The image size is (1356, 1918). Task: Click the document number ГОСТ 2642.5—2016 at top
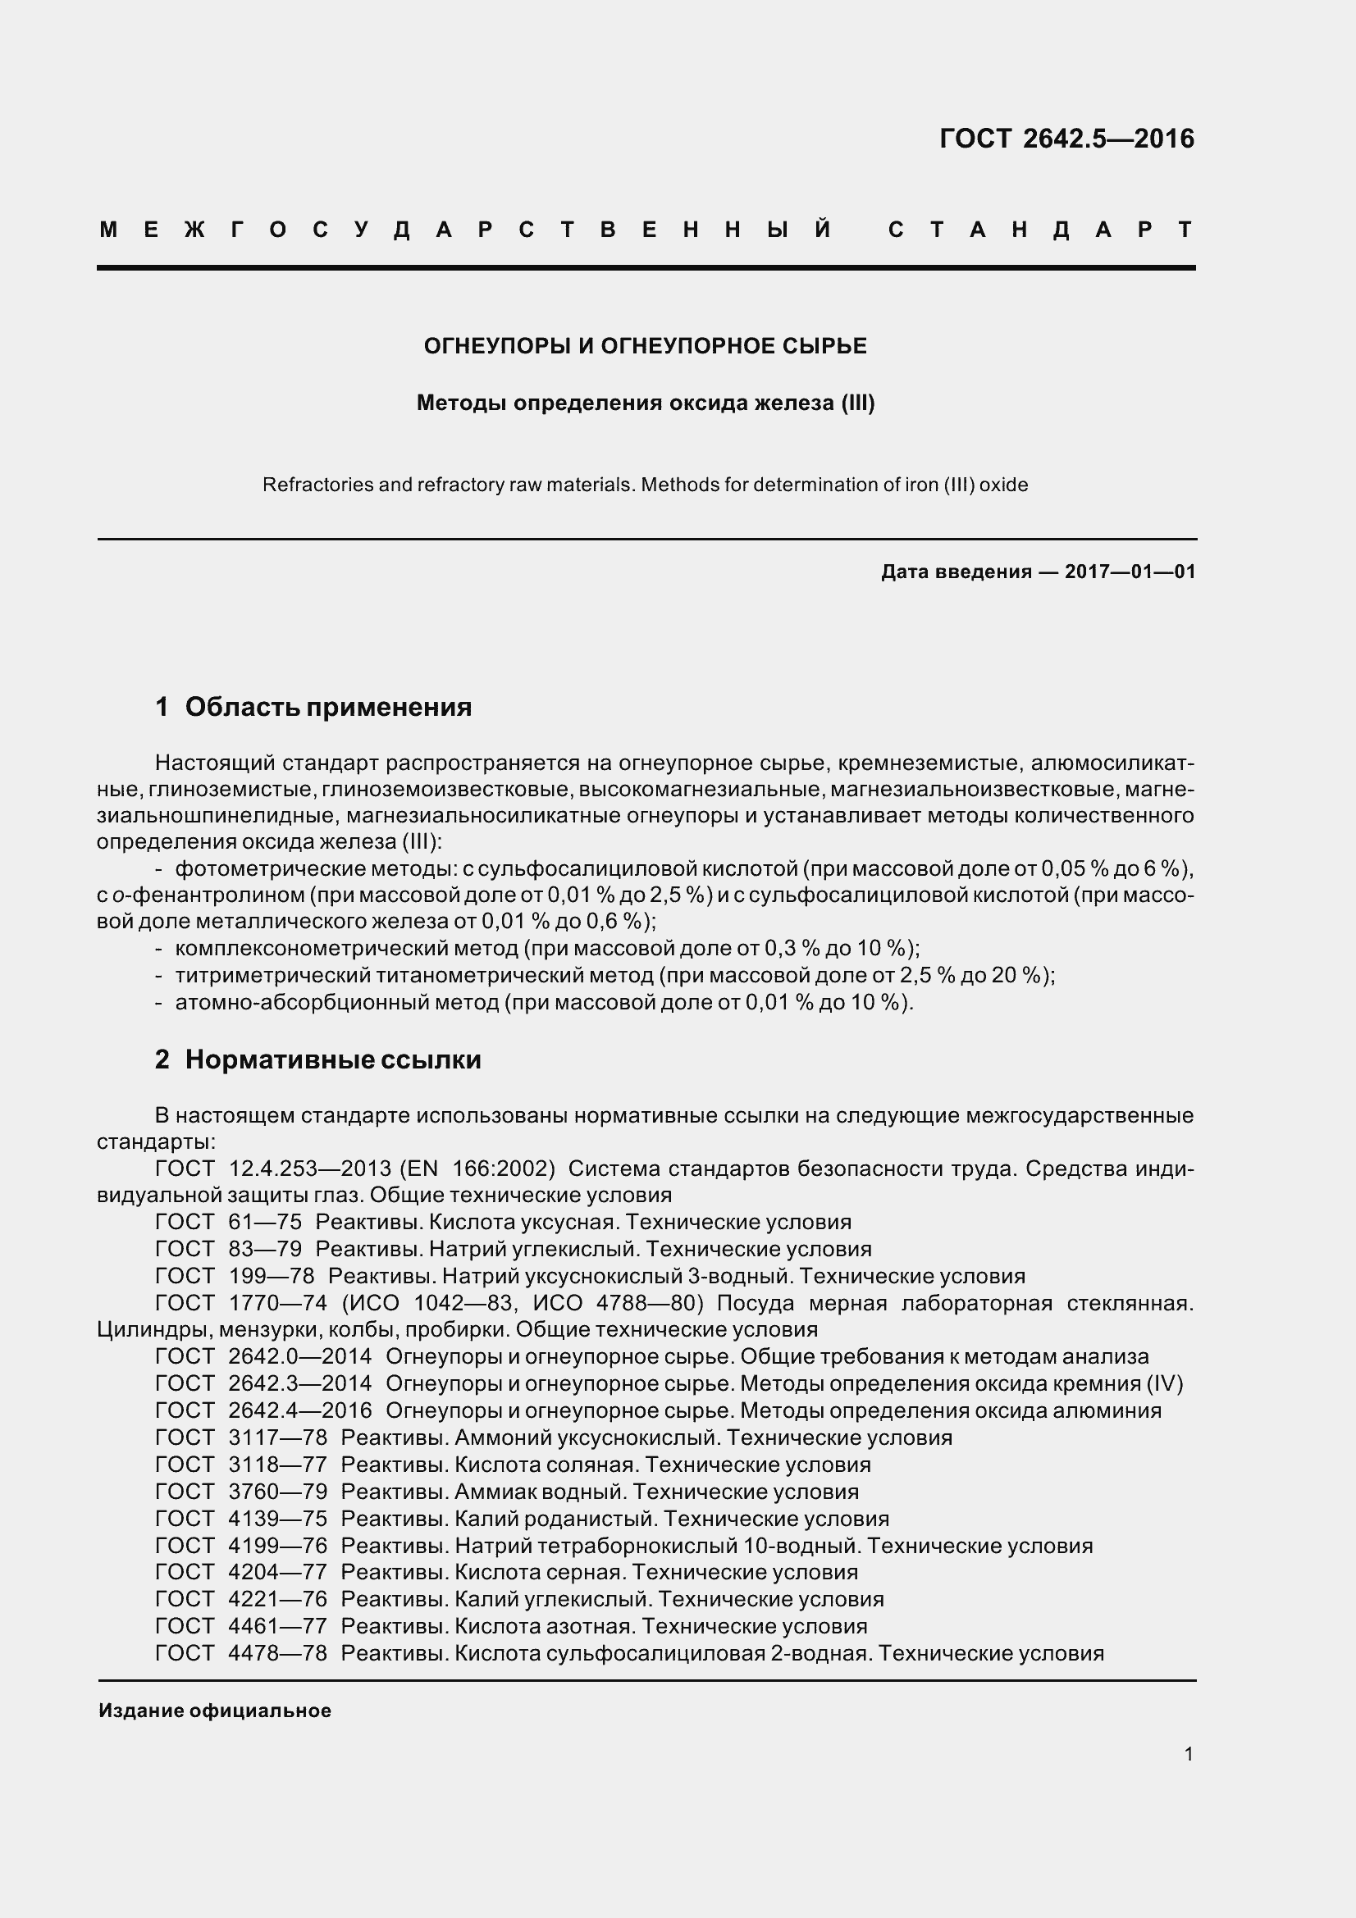pyautogui.click(x=1066, y=139)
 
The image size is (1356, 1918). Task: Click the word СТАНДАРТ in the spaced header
pyautogui.click(x=1040, y=230)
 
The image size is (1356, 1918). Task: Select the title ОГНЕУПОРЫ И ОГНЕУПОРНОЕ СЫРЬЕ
pyautogui.click(x=645, y=346)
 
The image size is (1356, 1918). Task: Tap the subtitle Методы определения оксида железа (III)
pyautogui.click(x=645, y=403)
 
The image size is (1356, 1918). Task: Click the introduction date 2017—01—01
pyautogui.click(x=1130, y=572)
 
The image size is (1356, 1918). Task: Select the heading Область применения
pyautogui.click(x=327, y=708)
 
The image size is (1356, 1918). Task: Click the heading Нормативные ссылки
pyautogui.click(x=332, y=1060)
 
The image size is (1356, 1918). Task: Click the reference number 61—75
pyautogui.click(x=265, y=1222)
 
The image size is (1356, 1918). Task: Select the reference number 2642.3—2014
pyautogui.click(x=300, y=1384)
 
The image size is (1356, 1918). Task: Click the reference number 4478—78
pyautogui.click(x=277, y=1653)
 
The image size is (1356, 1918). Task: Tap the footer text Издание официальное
pyautogui.click(x=215, y=1711)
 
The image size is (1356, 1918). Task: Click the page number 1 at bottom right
pyautogui.click(x=1188, y=1754)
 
